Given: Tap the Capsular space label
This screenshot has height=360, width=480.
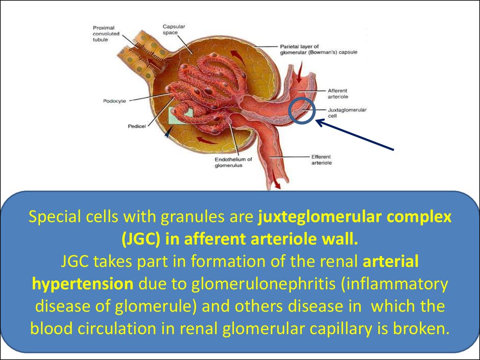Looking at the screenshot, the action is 173,30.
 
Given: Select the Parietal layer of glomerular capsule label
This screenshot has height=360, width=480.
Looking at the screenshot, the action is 319,49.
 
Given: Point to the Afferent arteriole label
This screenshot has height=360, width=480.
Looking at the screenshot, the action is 338,94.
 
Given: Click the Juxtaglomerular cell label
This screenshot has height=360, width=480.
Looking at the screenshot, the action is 347,112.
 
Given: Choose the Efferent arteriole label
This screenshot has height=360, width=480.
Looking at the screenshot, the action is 322,160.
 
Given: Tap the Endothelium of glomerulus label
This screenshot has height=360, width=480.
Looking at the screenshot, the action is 233,163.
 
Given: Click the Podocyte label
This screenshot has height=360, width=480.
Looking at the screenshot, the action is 114,101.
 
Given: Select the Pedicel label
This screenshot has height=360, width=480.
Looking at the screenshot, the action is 137,127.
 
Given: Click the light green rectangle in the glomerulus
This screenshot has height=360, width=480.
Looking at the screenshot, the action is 180,115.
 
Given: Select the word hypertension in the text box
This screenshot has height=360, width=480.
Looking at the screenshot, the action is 82,285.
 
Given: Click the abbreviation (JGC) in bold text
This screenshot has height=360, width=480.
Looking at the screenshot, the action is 141,239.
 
